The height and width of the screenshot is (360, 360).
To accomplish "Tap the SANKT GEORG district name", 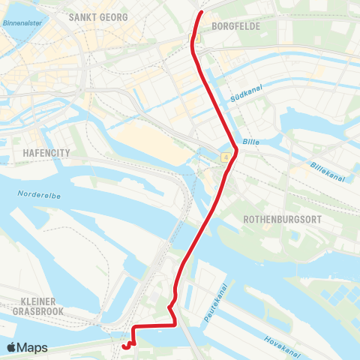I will tap(97, 16).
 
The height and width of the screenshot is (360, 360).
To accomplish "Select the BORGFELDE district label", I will tap(236, 25).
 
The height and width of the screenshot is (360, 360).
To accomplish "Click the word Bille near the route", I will tap(250, 141).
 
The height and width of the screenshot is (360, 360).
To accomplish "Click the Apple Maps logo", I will tap(28, 348).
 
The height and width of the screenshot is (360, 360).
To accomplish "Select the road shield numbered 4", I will tap(225, 157).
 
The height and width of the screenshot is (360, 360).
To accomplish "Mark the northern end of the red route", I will tap(199, 13).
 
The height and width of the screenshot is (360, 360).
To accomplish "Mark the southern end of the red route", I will tap(123, 346).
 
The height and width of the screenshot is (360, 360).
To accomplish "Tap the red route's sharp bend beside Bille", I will tap(237, 150).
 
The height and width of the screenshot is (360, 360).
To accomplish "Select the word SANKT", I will tap(82, 16).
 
